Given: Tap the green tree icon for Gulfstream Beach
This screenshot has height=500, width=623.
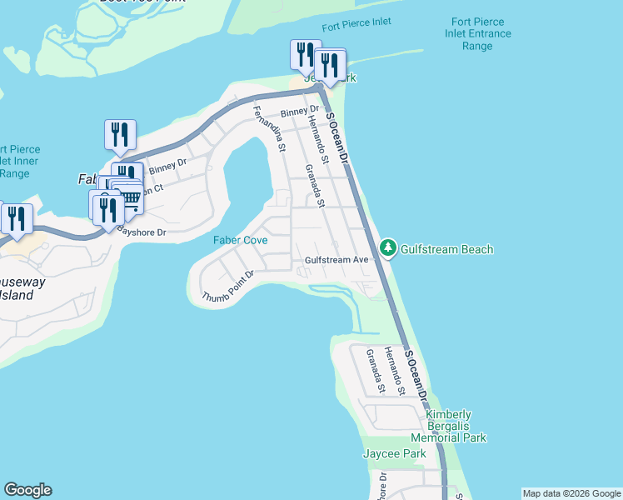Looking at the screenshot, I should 388,247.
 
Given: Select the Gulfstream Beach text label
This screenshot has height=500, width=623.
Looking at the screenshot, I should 447,249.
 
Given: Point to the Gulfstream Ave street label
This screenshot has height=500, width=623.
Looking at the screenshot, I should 336,260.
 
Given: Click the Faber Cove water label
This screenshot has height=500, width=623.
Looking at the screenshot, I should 240,240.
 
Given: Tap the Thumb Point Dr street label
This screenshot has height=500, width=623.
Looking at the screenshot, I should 227,286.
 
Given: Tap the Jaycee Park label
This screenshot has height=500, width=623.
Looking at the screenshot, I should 394,453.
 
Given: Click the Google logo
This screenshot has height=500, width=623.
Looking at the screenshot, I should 27,490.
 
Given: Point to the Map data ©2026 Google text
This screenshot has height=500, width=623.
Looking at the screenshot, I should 571,493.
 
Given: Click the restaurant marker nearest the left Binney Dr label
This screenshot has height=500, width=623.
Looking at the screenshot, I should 121,135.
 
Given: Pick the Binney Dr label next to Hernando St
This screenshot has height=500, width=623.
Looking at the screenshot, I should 300,111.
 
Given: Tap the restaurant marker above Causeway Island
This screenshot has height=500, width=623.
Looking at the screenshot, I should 17,219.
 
